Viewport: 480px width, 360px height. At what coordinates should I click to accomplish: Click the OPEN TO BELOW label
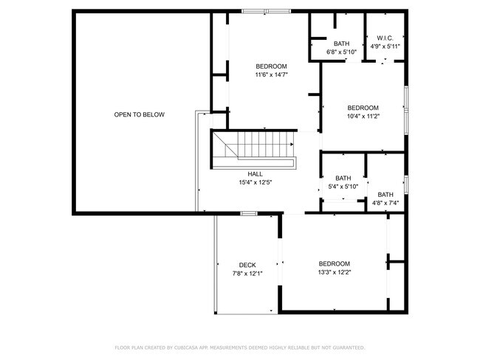pos(139,114)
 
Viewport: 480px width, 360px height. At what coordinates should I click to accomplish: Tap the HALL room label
pos(255,174)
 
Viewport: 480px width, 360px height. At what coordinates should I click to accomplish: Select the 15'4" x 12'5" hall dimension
pos(255,182)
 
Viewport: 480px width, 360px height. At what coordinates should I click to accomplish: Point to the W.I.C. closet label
pos(385,38)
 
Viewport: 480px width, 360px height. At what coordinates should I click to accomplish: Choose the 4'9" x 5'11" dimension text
pos(385,46)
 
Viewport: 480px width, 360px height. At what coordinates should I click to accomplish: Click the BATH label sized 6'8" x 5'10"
pos(341,44)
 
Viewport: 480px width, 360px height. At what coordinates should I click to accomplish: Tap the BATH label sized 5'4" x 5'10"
pos(343,178)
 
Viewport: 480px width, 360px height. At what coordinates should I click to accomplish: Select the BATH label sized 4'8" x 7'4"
pos(385,194)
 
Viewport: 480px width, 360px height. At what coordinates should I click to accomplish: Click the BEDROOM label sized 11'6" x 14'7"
pos(271,66)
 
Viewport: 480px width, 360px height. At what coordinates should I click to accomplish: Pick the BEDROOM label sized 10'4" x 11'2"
pos(363,108)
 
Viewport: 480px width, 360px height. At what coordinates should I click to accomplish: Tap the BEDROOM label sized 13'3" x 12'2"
pos(334,263)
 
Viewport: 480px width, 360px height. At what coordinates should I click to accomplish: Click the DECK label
pos(247,265)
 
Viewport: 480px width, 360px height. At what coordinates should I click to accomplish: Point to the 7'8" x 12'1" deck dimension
pos(247,273)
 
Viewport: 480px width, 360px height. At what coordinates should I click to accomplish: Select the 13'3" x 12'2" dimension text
pos(334,272)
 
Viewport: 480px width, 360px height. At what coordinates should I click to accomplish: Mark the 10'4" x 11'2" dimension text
pos(363,116)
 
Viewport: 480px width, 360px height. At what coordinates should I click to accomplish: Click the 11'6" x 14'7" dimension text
pos(271,75)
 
